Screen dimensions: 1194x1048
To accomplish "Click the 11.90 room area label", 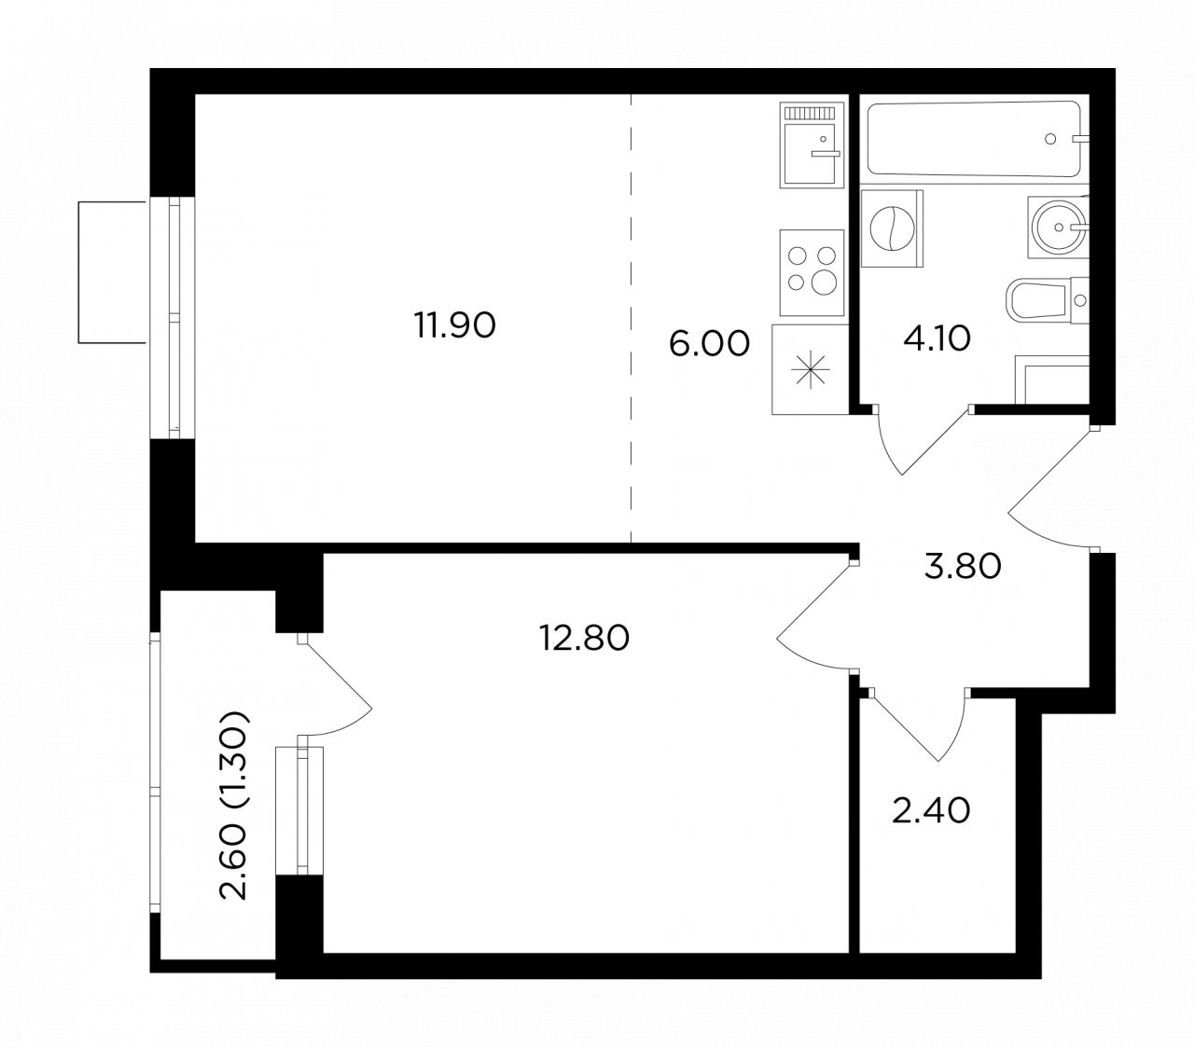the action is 453,324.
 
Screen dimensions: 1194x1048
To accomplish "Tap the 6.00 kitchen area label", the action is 708,343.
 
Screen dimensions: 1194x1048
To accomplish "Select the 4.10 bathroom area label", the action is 936,338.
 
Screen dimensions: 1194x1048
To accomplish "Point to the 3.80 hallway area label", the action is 962,566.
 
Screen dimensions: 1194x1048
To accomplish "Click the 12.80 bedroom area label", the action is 583,638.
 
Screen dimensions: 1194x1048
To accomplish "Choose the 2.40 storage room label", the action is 931,810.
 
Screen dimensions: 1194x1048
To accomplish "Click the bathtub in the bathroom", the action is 973,138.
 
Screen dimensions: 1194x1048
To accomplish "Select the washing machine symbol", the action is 891,228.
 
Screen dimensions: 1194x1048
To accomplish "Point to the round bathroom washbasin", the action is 1057,227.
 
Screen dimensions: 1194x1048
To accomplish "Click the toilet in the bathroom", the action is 1046,300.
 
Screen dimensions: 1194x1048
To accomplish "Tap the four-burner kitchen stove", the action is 811,272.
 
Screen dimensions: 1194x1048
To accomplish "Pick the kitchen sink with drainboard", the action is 811,145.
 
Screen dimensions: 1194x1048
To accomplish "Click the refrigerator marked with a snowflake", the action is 810,369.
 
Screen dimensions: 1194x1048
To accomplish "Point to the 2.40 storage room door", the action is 917,724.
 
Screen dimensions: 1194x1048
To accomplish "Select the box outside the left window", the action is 112,271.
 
